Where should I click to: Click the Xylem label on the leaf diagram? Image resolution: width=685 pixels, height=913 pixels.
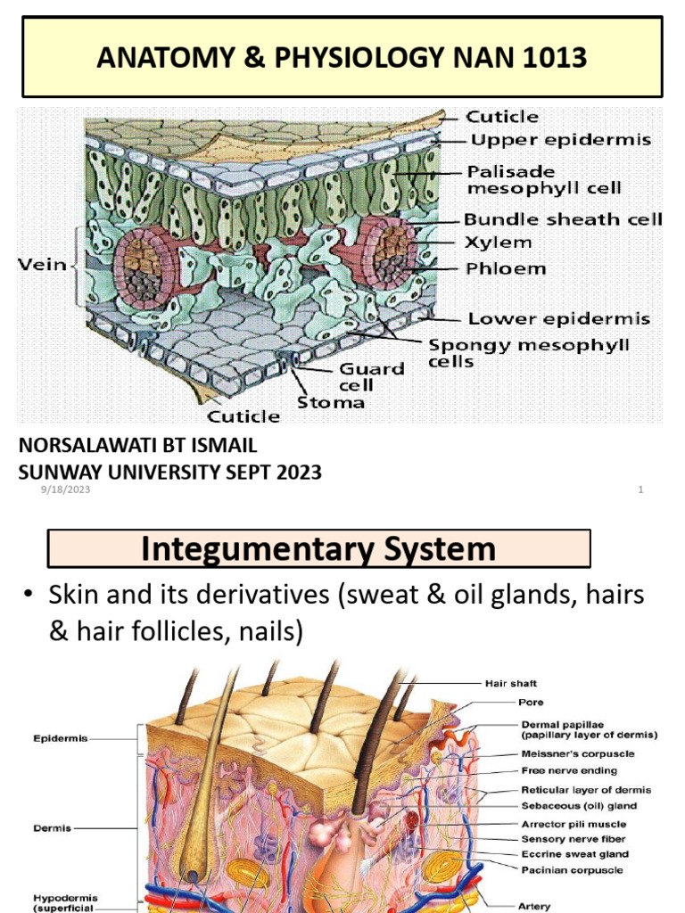pos(498,243)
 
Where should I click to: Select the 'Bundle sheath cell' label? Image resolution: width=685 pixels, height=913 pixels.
pos(563,219)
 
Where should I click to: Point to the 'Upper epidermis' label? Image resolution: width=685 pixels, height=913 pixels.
pos(561,140)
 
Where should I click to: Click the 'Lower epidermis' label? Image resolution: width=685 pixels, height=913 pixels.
pos(559,318)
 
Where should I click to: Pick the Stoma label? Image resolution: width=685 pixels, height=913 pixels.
pos(330,401)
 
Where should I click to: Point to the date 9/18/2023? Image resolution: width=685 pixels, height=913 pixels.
pos(65,489)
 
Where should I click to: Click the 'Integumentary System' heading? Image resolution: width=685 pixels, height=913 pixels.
pos(318,548)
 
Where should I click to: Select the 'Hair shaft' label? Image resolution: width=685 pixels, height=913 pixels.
pos(510,684)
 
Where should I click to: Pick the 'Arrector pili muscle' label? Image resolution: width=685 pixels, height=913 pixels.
pos(574,824)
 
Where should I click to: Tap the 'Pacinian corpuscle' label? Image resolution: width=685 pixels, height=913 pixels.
pos(572,869)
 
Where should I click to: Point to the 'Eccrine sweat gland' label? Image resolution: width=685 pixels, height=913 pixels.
pos(574,854)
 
